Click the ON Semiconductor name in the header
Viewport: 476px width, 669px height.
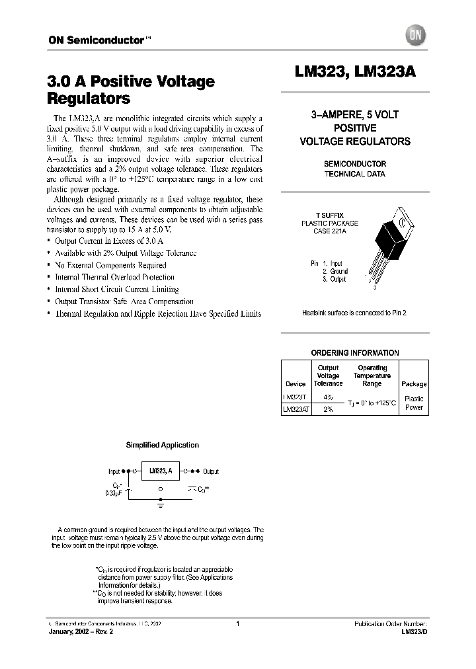[x=95, y=40]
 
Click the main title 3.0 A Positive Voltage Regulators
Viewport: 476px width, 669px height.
[x=131, y=90]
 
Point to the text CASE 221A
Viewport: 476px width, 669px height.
[x=329, y=231]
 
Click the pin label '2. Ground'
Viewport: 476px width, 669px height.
[x=335, y=271]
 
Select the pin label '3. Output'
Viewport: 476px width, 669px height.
[x=335, y=279]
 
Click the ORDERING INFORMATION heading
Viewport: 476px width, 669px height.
[x=354, y=353]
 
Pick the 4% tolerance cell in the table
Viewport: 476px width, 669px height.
[x=328, y=398]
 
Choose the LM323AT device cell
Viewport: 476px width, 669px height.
[x=295, y=409]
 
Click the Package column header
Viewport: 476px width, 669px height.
[x=414, y=383]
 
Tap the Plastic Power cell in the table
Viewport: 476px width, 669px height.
[x=414, y=403]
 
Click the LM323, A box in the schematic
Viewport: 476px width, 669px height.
[x=160, y=471]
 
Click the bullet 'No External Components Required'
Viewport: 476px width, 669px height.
[x=110, y=265]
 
